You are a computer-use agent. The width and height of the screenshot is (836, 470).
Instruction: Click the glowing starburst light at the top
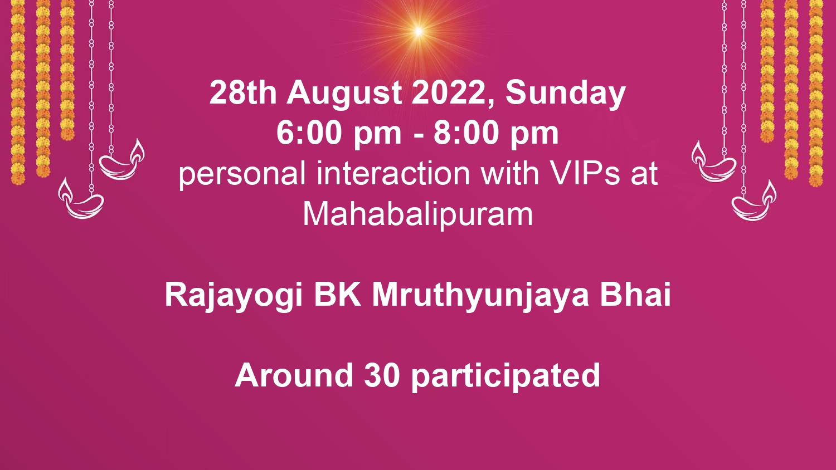tap(419, 31)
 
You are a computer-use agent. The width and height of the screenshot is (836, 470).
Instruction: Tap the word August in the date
tap(344, 94)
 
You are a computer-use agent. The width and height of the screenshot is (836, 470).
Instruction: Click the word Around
tap(294, 375)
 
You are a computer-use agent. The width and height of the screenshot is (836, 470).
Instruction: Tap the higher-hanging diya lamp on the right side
tap(713, 161)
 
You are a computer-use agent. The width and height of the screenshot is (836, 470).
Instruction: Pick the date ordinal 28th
tap(243, 92)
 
